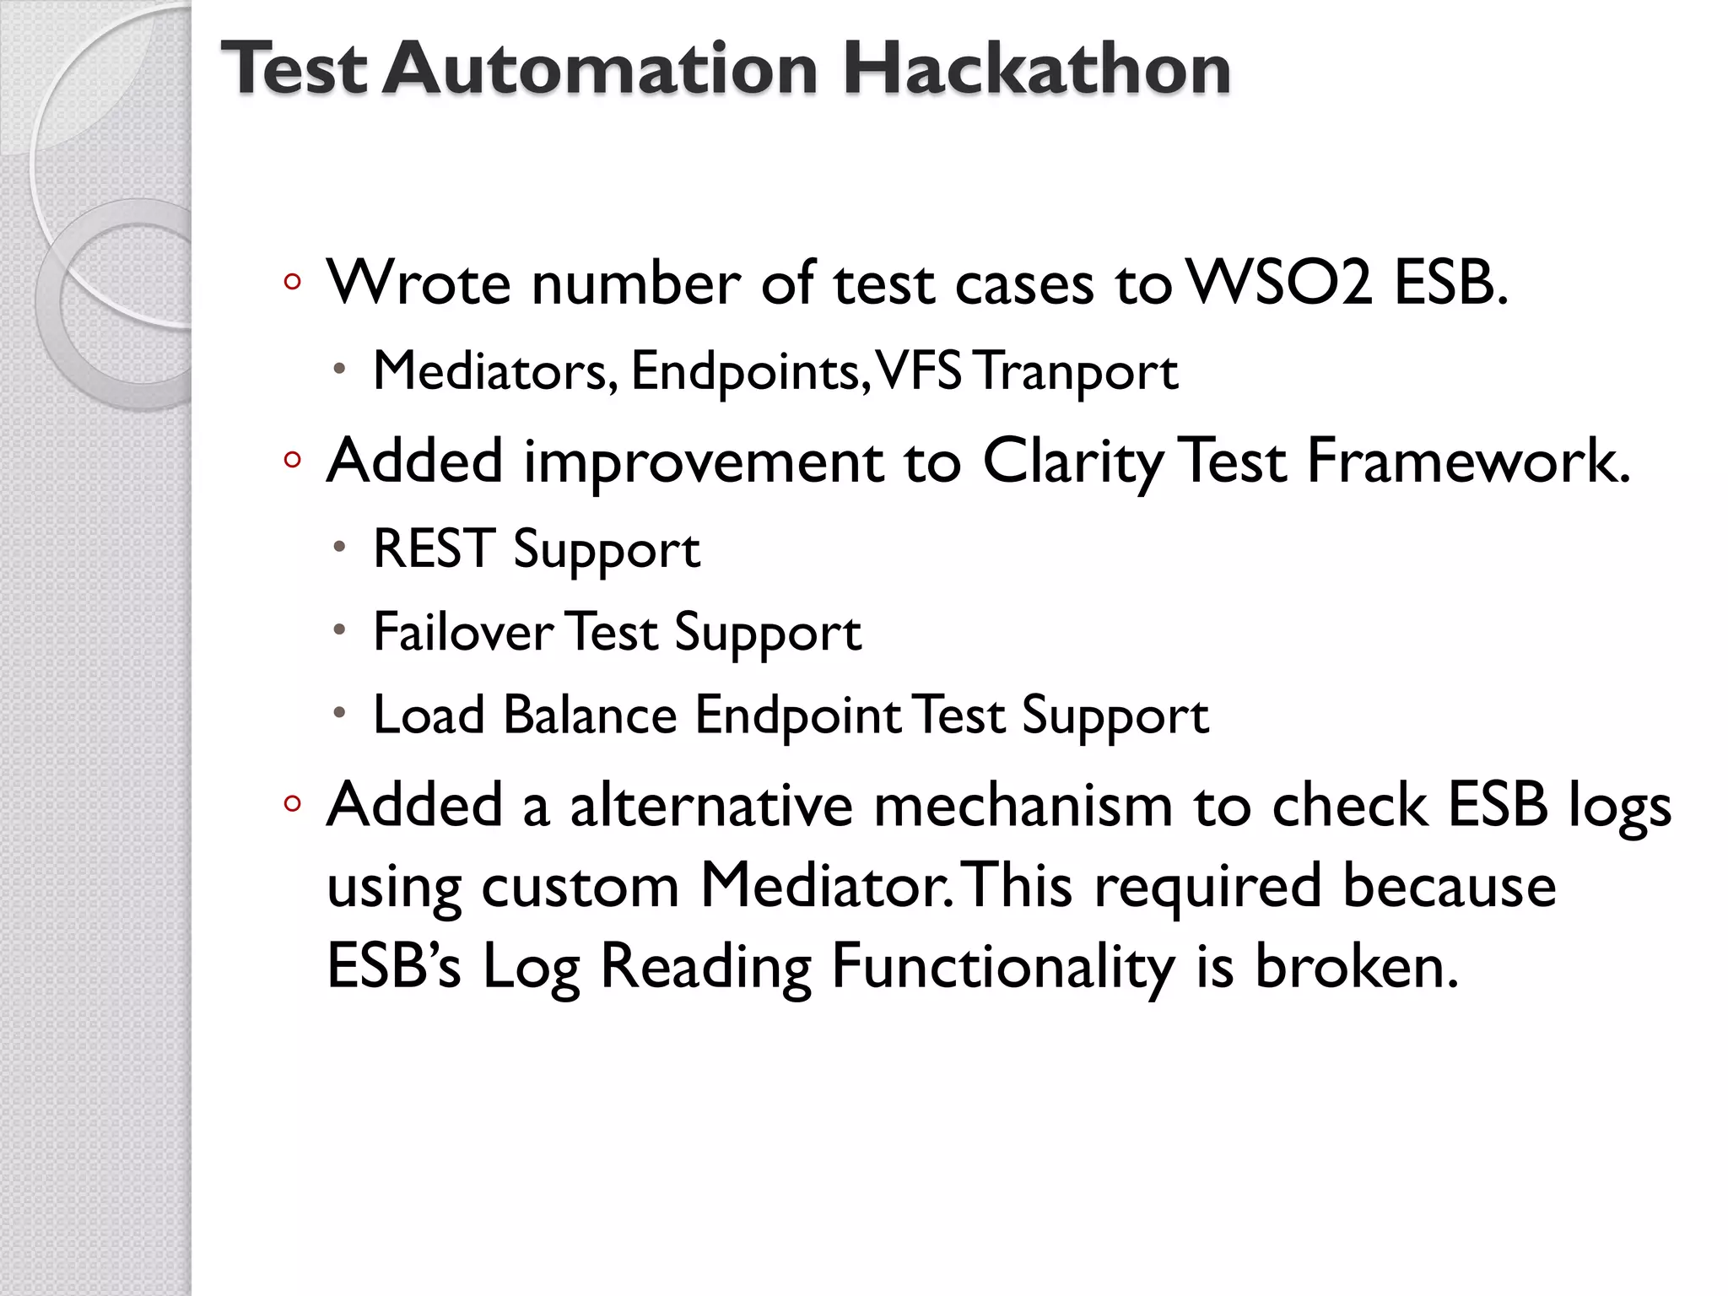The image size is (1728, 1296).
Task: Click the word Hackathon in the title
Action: tap(1036, 69)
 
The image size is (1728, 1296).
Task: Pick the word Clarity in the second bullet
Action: tap(1072, 462)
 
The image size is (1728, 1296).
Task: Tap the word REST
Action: tap(434, 549)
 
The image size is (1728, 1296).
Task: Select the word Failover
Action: tap(463, 632)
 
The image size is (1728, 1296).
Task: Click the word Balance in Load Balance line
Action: tap(590, 715)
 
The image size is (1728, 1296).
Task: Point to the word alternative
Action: tap(711, 805)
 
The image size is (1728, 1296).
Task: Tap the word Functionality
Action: tap(1002, 967)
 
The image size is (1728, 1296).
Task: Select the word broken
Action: tap(1356, 966)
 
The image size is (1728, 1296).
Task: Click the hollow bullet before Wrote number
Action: tap(292, 283)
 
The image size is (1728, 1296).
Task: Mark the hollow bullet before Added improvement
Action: tap(292, 461)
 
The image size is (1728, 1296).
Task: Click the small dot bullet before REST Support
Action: tap(339, 547)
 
